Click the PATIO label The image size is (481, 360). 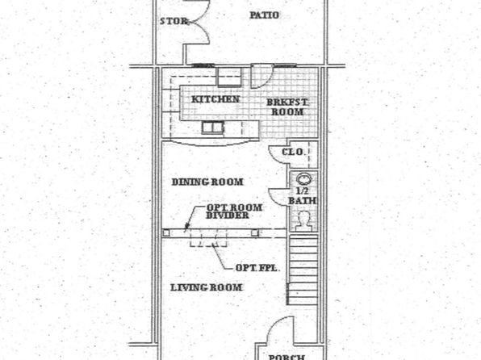264,15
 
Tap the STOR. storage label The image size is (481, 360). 174,21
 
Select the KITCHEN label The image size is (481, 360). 215,99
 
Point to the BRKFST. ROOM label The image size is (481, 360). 287,107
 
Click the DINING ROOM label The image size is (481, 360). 207,182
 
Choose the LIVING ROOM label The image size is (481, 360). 206,287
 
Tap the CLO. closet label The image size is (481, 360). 293,152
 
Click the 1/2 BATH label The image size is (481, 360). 303,196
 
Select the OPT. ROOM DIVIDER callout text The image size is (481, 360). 234,211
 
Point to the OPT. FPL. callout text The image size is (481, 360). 257,268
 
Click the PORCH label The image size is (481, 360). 287,357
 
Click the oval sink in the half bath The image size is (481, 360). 303,178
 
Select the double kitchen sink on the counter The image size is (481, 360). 212,128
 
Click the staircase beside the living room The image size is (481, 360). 303,270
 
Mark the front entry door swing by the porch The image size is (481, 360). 281,330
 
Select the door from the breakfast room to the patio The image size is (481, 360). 261,76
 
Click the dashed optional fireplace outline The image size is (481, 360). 208,237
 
